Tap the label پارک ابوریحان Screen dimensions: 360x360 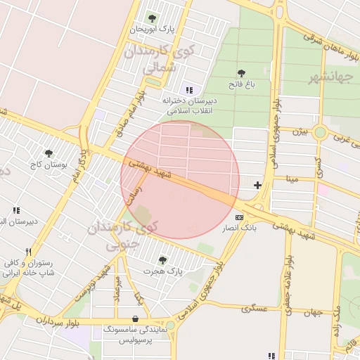click(152, 30)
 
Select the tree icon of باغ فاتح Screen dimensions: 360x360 click(241, 73)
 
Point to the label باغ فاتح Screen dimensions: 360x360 click(240, 84)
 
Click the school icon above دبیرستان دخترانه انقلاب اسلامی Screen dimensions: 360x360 click(188, 89)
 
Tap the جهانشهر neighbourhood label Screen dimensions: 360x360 click(330, 77)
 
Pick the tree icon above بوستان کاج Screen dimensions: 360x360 click(49, 153)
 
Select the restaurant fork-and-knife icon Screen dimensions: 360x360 click(28, 252)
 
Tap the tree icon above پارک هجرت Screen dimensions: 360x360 click(162, 260)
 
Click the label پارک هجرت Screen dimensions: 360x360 click(162, 271)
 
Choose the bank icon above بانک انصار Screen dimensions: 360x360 click(240, 217)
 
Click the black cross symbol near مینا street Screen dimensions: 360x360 click(258, 186)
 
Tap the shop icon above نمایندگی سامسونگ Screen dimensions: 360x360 click(135, 319)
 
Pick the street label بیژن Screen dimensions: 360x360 click(300, 131)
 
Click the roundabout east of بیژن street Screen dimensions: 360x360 click(320, 131)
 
